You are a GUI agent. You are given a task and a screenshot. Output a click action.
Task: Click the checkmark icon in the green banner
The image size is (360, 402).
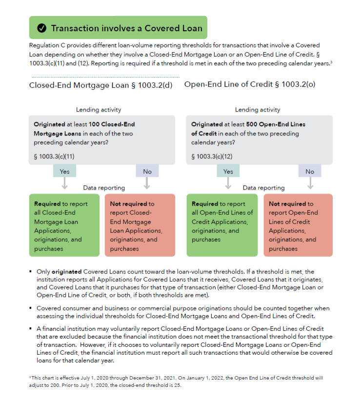tap(42, 28)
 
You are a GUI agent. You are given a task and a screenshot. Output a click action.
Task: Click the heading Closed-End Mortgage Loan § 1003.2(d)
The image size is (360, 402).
tap(101, 85)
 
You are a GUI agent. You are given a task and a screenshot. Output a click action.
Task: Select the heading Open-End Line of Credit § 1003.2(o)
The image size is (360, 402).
tap(249, 84)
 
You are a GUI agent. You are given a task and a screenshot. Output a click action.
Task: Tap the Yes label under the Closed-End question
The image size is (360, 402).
tap(64, 171)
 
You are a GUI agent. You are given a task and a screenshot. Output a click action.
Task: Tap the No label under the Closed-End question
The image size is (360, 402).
tap(147, 171)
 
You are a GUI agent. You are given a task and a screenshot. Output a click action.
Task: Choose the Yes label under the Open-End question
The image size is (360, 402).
tap(228, 171)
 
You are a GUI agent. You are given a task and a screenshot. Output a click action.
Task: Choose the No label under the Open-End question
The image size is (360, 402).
tap(310, 171)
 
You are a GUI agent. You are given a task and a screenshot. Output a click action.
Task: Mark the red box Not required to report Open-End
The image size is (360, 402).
tap(298, 226)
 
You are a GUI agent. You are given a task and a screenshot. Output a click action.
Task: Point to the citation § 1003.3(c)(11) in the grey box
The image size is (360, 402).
tap(54, 156)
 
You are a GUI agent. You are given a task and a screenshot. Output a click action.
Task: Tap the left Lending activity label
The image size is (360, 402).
tap(99, 110)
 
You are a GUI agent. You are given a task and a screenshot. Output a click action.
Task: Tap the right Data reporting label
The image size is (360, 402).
tap(263, 188)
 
